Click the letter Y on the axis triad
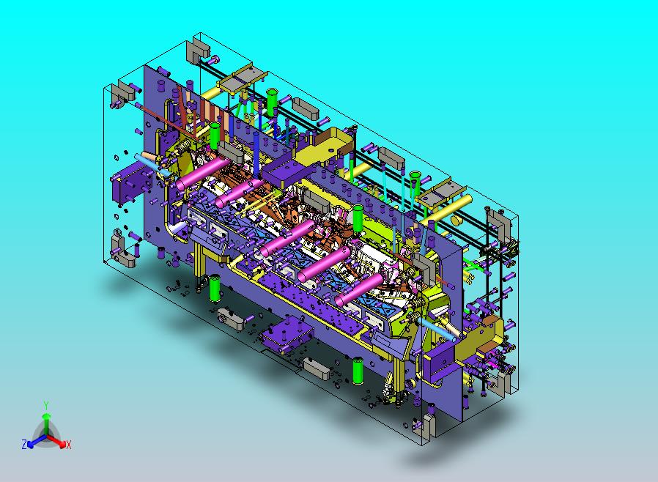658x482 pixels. [x=46, y=405]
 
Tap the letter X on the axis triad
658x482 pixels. [x=69, y=445]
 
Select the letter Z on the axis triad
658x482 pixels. [x=24, y=444]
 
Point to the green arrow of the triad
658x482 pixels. [x=46, y=423]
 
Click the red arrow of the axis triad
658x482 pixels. [x=57, y=440]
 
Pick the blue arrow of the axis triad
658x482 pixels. [x=37, y=441]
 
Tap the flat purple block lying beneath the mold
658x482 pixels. [x=287, y=336]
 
